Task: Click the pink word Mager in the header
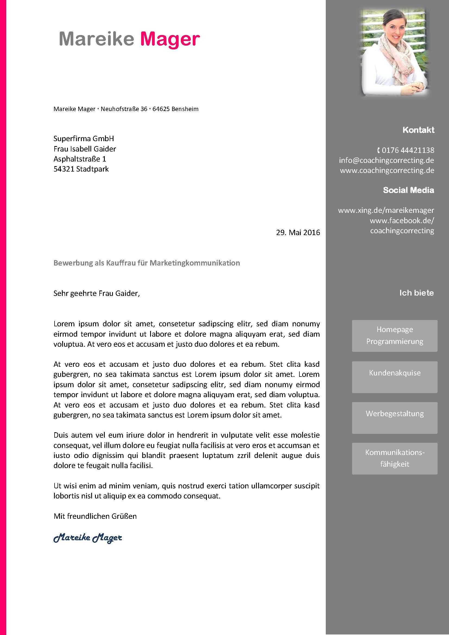170,39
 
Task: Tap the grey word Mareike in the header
96,39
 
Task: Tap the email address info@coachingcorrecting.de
386,160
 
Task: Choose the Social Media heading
408,190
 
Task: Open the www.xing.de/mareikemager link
386,210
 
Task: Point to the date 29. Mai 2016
298,232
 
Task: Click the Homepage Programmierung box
394,336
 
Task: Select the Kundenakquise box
394,377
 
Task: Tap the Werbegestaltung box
394,418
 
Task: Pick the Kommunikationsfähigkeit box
394,459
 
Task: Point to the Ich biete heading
416,293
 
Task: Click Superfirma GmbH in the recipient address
84,138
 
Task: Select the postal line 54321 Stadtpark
81,169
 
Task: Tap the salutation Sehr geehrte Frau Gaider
96,293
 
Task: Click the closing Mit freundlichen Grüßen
95,516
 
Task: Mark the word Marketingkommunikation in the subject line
195,263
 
